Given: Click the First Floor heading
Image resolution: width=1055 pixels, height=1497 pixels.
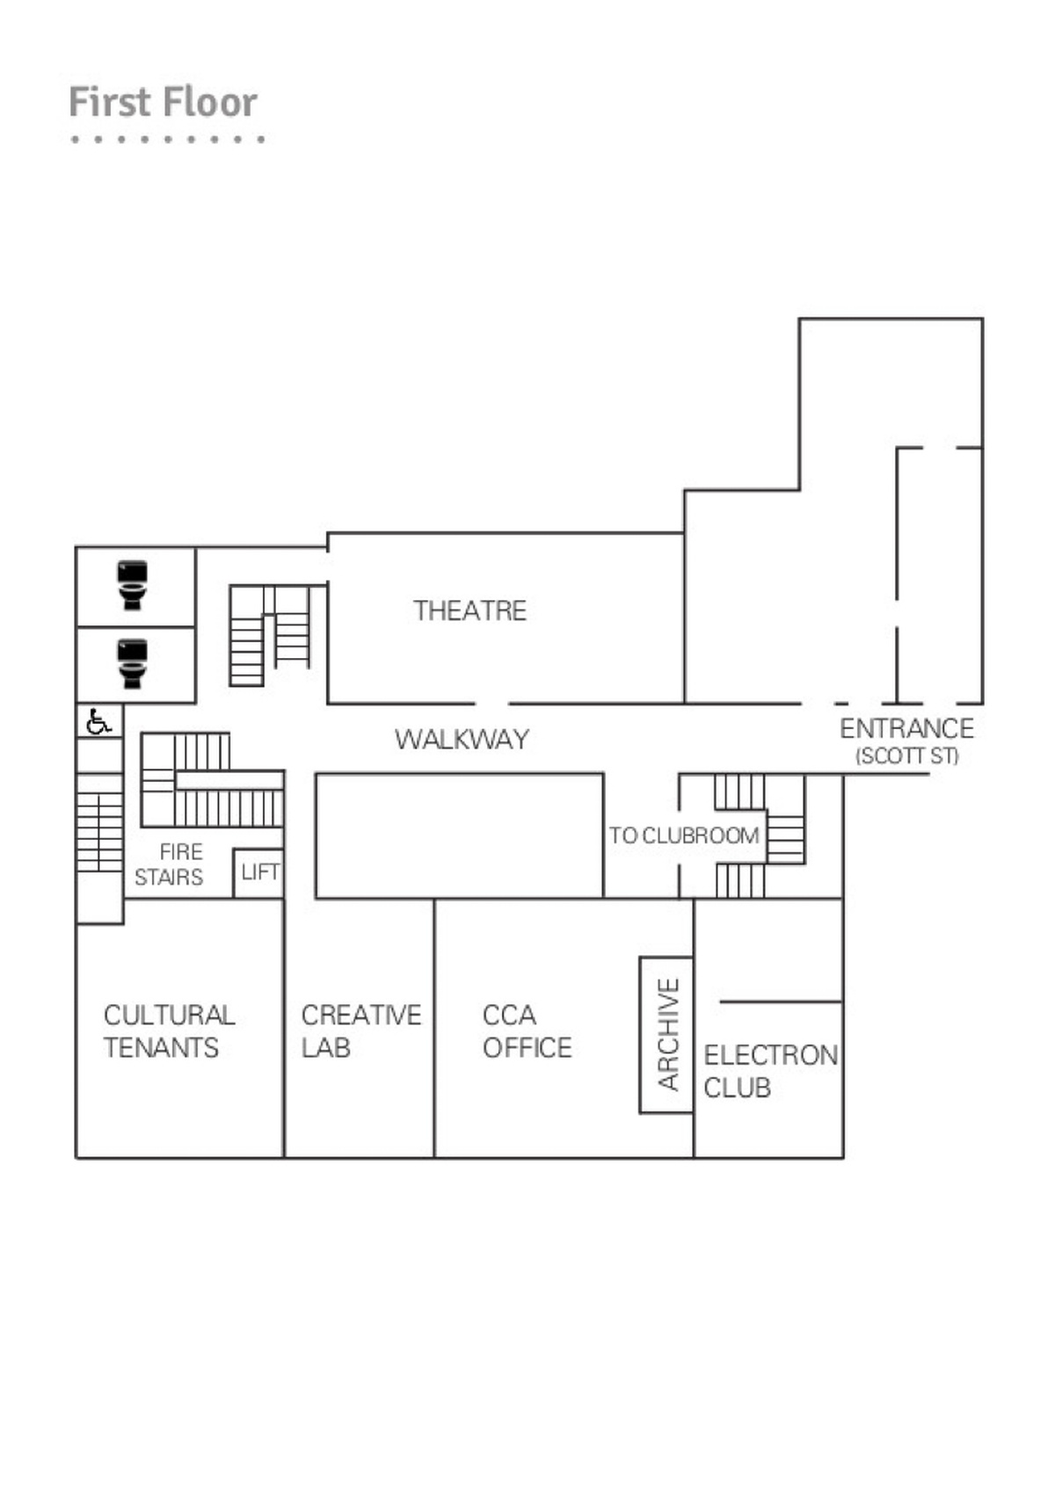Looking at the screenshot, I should (x=163, y=102).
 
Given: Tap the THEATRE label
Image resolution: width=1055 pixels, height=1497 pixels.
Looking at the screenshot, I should (x=469, y=611).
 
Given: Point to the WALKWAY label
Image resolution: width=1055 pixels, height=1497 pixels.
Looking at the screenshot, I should (x=462, y=739).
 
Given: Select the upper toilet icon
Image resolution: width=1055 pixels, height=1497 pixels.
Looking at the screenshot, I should (x=133, y=585).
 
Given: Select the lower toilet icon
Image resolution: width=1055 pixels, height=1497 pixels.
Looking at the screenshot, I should (x=133, y=663).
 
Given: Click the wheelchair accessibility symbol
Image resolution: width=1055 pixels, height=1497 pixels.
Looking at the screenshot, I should (x=98, y=722).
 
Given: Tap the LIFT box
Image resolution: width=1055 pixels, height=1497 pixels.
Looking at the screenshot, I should (x=259, y=872).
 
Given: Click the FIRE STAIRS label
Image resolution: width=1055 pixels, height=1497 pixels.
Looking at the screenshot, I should (x=170, y=864).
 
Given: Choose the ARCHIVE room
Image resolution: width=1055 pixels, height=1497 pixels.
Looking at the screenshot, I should (x=666, y=1035).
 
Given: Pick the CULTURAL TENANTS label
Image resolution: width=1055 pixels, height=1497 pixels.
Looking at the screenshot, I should (x=169, y=1031).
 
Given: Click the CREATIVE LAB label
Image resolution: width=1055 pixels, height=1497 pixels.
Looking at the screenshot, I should (x=360, y=1031).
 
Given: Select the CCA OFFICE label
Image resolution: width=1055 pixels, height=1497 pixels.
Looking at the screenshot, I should (x=527, y=1031).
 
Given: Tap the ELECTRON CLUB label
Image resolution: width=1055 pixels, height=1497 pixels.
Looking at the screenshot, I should (x=770, y=1071).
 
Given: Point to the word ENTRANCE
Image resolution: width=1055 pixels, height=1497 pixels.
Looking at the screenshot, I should (x=906, y=728).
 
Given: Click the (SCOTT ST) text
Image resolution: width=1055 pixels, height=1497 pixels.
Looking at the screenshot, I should (x=906, y=756).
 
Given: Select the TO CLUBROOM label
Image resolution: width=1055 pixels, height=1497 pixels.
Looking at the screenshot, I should (x=684, y=835).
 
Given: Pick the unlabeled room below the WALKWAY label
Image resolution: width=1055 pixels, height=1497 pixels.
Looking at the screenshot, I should (x=459, y=835).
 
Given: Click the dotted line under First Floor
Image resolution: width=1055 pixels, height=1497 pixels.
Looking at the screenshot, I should (x=167, y=139).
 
